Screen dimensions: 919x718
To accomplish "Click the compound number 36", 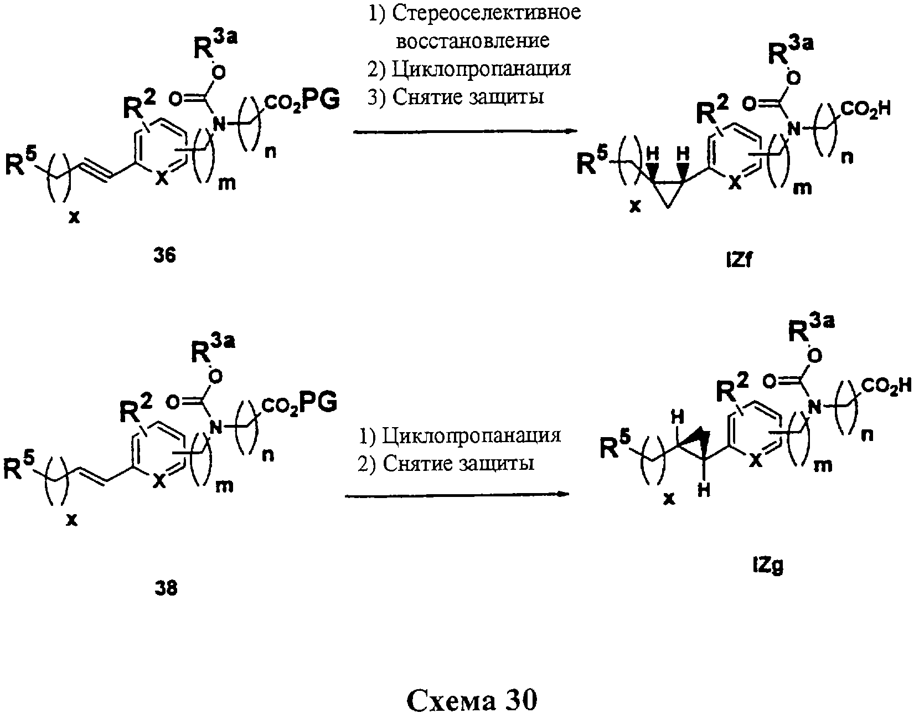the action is pos(164,255).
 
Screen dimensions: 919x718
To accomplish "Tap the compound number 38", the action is pos(166,588).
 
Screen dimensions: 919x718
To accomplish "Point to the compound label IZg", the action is pos(768,566).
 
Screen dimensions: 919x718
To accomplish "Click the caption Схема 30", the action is pos(472,700).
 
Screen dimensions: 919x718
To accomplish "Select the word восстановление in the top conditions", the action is pos(473,41).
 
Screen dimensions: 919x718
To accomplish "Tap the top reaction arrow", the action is pos(465,132).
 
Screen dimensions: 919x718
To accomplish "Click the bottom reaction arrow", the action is pos(457,495).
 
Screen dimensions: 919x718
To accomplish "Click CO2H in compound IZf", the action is pos(865,110).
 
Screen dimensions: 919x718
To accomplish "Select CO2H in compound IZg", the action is pos(886,386).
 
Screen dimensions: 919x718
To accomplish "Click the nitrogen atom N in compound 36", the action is pos(219,125).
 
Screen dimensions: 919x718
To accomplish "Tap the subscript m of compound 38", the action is pos(224,486).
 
